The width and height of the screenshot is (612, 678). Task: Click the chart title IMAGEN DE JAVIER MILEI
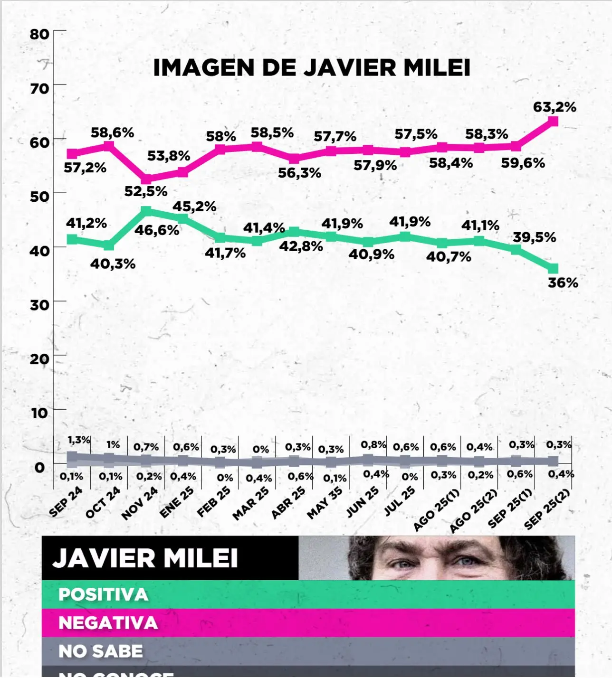312,68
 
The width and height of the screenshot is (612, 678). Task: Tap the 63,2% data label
555,107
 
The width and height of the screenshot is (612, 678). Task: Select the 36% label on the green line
563,283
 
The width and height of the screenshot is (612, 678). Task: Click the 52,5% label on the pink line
146,191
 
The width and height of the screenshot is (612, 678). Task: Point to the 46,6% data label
157,230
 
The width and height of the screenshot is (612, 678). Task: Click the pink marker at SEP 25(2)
553,121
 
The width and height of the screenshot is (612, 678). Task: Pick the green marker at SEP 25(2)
553,269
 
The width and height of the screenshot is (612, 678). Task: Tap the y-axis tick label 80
39,34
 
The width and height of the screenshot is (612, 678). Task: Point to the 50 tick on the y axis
39,196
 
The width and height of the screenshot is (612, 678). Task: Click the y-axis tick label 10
39,413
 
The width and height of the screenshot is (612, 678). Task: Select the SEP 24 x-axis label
66,502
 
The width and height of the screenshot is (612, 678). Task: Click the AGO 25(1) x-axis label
437,510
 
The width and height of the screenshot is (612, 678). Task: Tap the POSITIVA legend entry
103,595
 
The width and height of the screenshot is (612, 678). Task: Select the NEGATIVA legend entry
108,623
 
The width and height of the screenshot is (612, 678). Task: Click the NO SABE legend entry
100,651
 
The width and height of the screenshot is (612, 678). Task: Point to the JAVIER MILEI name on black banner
145,558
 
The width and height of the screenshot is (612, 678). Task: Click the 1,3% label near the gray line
79,440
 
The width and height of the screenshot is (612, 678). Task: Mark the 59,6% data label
523,163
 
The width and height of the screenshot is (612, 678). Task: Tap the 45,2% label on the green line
194,207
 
